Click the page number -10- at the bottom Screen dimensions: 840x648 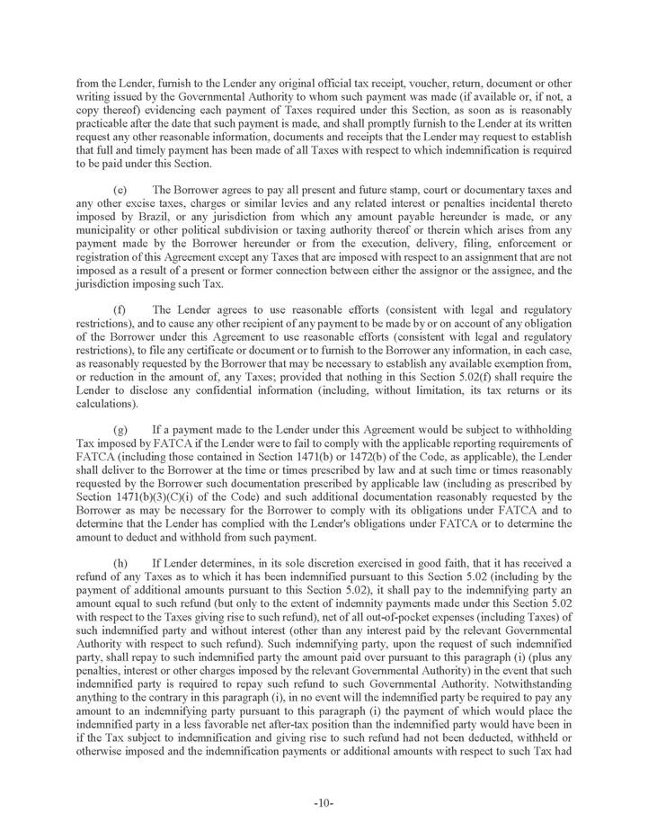tap(324, 803)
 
